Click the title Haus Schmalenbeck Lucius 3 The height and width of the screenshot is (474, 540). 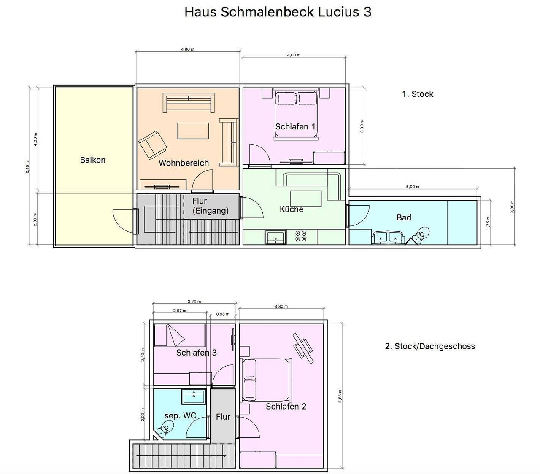(x=278, y=12)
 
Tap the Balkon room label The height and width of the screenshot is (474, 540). (x=93, y=160)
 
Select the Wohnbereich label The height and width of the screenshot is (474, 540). (x=184, y=163)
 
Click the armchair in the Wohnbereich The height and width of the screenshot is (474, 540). (x=153, y=145)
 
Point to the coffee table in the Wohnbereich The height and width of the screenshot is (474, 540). (x=193, y=131)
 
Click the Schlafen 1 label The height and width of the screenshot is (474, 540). (x=295, y=127)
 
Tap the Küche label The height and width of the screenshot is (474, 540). (x=292, y=209)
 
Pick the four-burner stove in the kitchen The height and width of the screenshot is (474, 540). (x=301, y=236)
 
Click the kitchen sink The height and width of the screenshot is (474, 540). (x=275, y=237)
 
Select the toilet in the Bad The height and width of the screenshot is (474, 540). (x=420, y=235)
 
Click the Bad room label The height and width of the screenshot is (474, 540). (x=404, y=217)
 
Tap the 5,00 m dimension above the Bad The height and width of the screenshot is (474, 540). (x=413, y=187)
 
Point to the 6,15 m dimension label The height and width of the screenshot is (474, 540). (x=28, y=167)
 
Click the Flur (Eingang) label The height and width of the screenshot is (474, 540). (x=211, y=206)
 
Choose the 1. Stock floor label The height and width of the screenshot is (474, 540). (x=418, y=94)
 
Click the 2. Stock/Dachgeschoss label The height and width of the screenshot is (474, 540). (x=430, y=346)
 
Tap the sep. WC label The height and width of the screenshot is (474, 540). (x=180, y=415)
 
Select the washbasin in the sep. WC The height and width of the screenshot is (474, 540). (x=194, y=396)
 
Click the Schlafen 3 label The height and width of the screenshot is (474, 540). (x=197, y=353)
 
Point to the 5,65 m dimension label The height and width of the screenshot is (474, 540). (x=340, y=396)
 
